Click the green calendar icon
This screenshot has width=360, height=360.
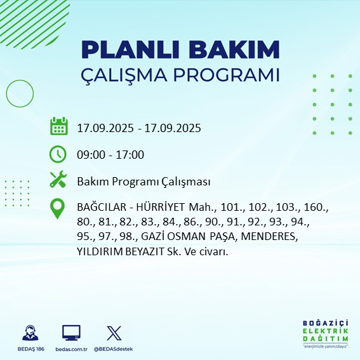pos(58,126)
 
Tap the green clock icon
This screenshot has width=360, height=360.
pos(58,154)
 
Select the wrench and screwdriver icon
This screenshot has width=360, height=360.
pos(58,180)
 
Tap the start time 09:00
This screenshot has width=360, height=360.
pos(91,154)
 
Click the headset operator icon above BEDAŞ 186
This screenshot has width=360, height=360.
pos(30,333)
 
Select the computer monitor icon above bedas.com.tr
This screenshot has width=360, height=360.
pos(71,333)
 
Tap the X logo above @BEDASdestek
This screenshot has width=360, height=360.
pos(112,333)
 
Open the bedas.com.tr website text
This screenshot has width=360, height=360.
pos(71,349)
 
